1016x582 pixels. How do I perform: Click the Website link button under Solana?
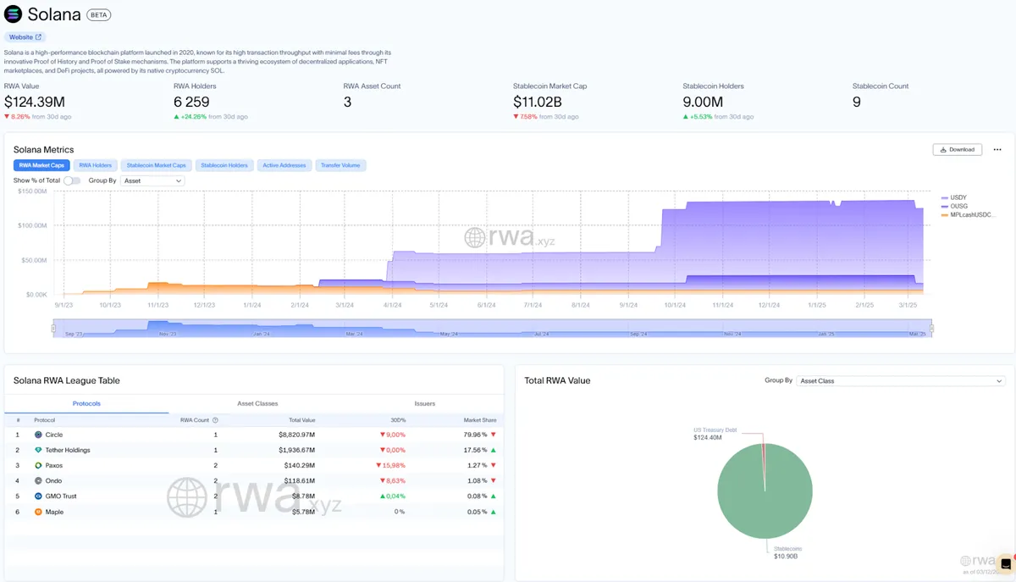[x=25, y=37]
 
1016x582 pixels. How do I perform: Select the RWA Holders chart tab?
[x=95, y=165]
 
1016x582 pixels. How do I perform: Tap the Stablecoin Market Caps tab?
[x=156, y=165]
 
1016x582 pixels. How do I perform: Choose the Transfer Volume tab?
[x=340, y=165]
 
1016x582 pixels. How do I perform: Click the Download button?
[x=958, y=149]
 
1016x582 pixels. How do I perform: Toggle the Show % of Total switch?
[x=72, y=180]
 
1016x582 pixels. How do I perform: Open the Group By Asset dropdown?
[x=152, y=180]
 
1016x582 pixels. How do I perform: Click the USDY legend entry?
[x=958, y=197]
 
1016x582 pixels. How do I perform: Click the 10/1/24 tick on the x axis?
[x=675, y=304]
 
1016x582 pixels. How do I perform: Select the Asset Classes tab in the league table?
[x=257, y=403]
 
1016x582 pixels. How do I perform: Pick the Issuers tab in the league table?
[x=425, y=403]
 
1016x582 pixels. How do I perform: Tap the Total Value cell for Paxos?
[x=297, y=465]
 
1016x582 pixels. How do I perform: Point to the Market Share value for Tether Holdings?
[x=473, y=450]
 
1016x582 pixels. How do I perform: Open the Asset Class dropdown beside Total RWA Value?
[x=901, y=381]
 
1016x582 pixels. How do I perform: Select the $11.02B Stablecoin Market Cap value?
[x=538, y=103]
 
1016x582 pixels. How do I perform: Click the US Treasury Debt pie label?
[x=715, y=430]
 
